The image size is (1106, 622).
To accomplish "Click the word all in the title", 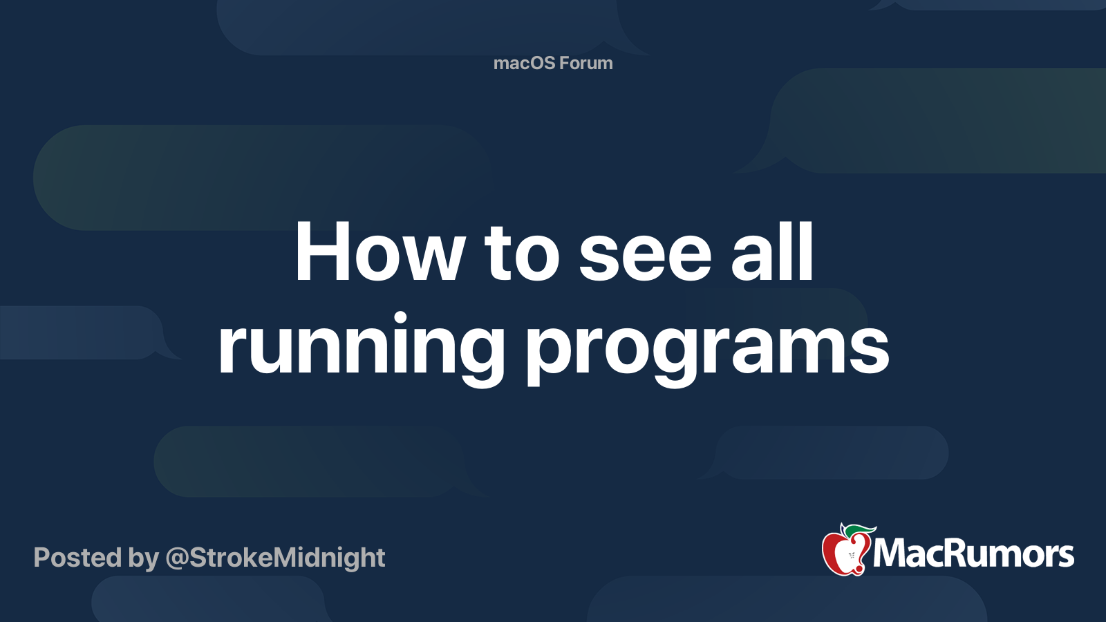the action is (x=771, y=252).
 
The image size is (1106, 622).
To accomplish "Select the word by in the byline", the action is (x=144, y=560).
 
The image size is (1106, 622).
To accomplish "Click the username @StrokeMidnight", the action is (x=276, y=559).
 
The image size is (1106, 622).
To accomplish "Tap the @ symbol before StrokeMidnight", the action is (x=177, y=560).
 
